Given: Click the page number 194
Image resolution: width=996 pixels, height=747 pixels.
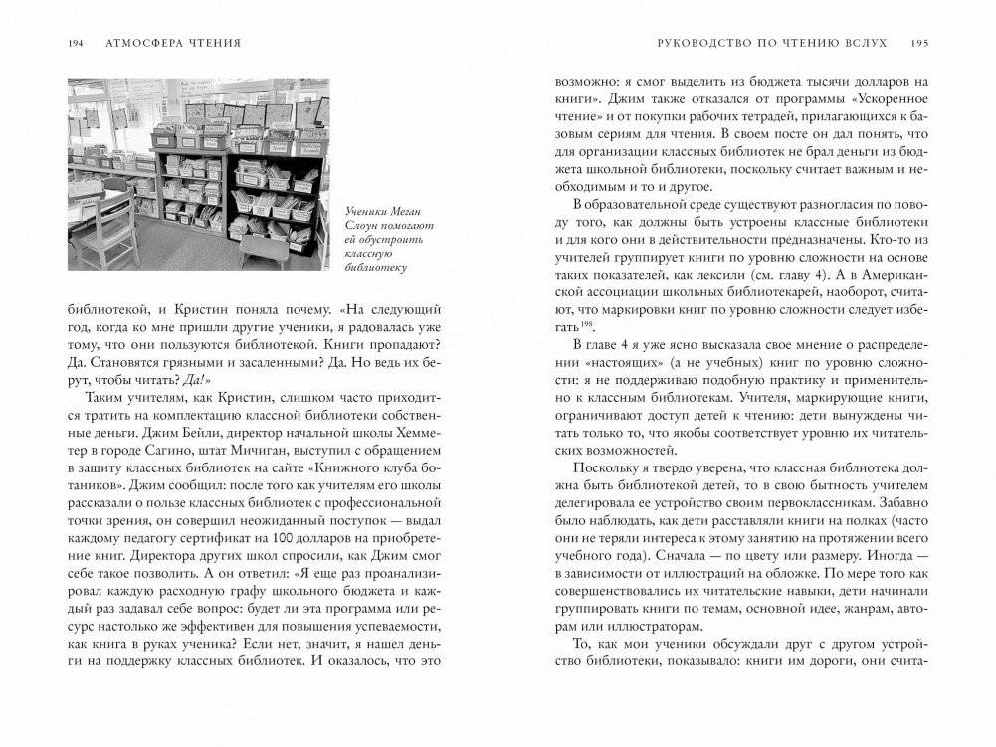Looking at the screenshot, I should click(x=76, y=43).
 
